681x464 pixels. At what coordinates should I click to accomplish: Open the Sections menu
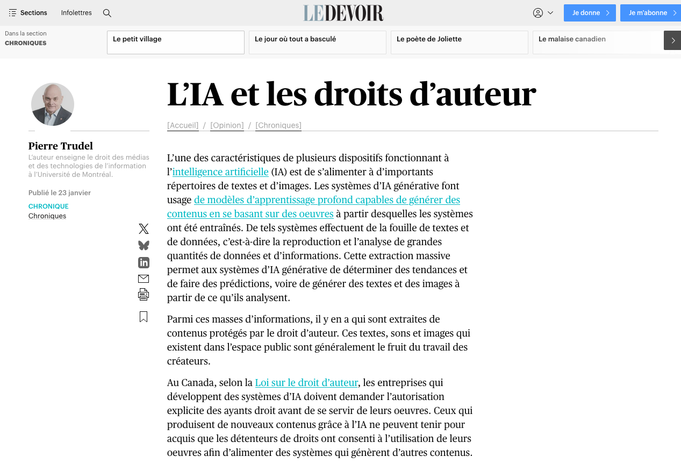coord(28,13)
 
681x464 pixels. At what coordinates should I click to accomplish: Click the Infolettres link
coord(76,13)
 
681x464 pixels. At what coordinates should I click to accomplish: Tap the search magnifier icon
coord(107,13)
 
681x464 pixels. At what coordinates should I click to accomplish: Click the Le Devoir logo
coord(343,13)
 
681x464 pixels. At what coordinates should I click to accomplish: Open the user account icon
coord(538,13)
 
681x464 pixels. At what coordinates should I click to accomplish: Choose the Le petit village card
coord(176,42)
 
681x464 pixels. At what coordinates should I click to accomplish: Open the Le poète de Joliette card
coord(459,42)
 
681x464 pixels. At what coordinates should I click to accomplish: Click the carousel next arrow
coord(672,40)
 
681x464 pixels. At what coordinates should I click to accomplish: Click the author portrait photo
coord(53,104)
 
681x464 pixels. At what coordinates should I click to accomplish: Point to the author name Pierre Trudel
coord(61,146)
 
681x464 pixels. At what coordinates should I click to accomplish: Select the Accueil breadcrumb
coord(183,125)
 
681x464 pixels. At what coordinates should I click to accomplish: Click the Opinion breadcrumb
coord(227,125)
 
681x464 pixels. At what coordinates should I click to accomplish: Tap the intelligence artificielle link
coord(220,172)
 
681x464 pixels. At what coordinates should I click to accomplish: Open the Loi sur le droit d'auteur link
coord(306,383)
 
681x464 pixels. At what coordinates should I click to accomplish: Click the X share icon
coord(144,229)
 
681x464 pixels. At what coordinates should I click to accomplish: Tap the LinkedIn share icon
coord(144,262)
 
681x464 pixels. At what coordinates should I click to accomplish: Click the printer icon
coord(144,295)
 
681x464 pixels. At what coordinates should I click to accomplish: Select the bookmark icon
coord(144,317)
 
